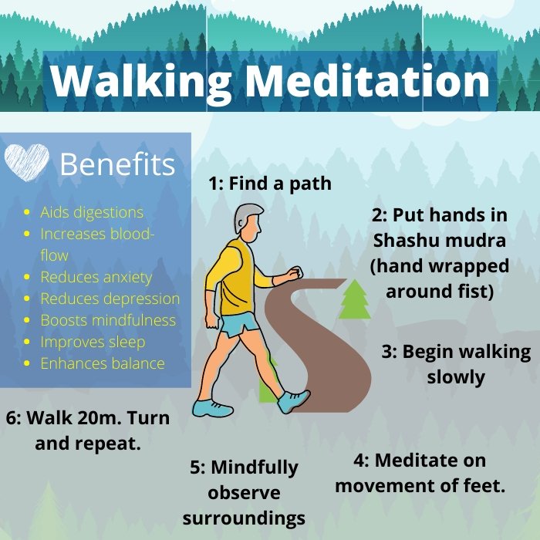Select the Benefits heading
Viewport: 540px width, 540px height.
(x=117, y=164)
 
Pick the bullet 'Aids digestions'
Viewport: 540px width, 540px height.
(x=92, y=212)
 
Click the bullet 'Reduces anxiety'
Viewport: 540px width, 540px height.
(x=96, y=277)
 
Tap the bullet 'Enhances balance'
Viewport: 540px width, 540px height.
(x=103, y=363)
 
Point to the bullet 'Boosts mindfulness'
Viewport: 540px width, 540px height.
(x=108, y=320)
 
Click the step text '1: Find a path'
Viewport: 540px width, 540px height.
(x=270, y=184)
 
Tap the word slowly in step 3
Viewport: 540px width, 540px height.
(x=456, y=377)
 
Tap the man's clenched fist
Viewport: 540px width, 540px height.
(x=292, y=274)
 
